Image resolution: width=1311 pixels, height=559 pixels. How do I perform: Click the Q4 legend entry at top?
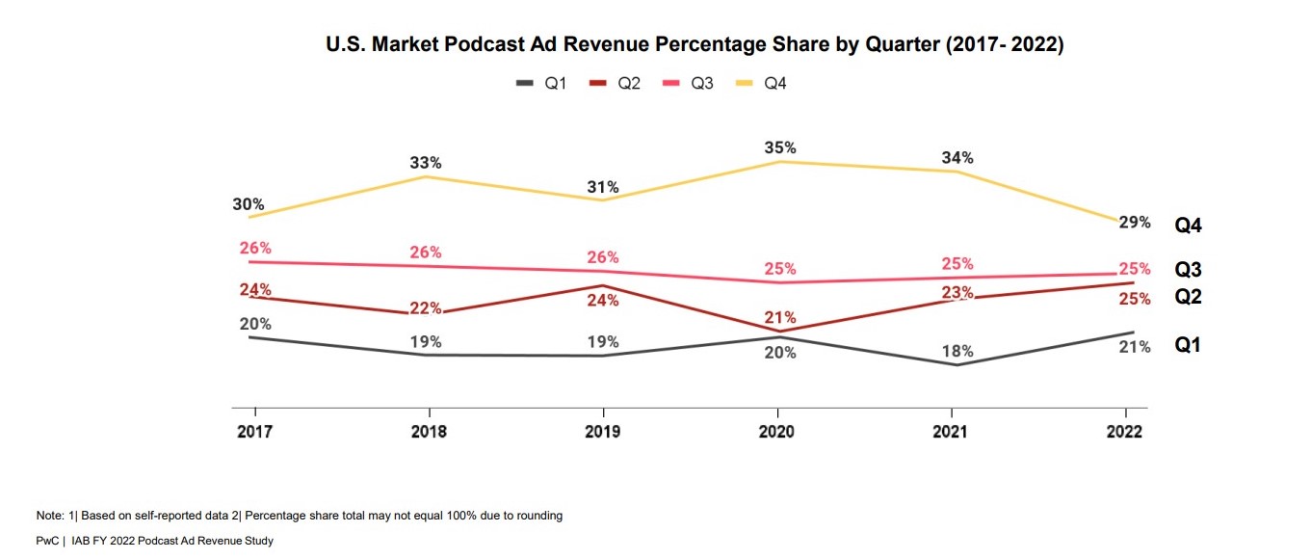pyautogui.click(x=766, y=84)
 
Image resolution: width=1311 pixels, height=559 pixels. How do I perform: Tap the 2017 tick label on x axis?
pyautogui.click(x=254, y=432)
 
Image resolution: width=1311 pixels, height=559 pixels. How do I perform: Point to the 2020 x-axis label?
pyautogui.click(x=776, y=432)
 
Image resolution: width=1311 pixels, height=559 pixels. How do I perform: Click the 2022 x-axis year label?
pyautogui.click(x=1124, y=432)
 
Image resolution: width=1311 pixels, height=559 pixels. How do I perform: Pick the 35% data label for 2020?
pyautogui.click(x=780, y=147)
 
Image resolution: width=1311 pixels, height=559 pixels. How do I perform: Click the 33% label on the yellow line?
pyautogui.click(x=426, y=163)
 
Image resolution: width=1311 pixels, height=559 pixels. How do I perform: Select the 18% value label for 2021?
pyautogui.click(x=957, y=351)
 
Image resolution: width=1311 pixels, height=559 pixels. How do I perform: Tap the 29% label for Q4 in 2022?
pyautogui.click(x=1135, y=223)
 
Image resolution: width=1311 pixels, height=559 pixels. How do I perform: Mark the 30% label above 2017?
pyautogui.click(x=249, y=204)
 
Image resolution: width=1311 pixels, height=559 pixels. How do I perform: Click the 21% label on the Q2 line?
pyautogui.click(x=780, y=317)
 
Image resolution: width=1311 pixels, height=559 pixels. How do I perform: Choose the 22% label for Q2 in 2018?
pyautogui.click(x=426, y=308)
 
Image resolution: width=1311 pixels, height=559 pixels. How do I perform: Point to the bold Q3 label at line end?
pyautogui.click(x=1188, y=271)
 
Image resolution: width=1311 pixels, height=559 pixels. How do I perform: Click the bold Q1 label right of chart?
pyautogui.click(x=1188, y=345)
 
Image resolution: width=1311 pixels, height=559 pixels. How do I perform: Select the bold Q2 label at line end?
pyautogui.click(x=1188, y=297)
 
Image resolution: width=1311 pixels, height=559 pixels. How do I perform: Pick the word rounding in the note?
pyautogui.click(x=539, y=516)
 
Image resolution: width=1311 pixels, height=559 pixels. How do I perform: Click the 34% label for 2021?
pyautogui.click(x=957, y=158)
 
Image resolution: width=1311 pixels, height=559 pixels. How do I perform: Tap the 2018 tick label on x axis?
pyautogui.click(x=429, y=432)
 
